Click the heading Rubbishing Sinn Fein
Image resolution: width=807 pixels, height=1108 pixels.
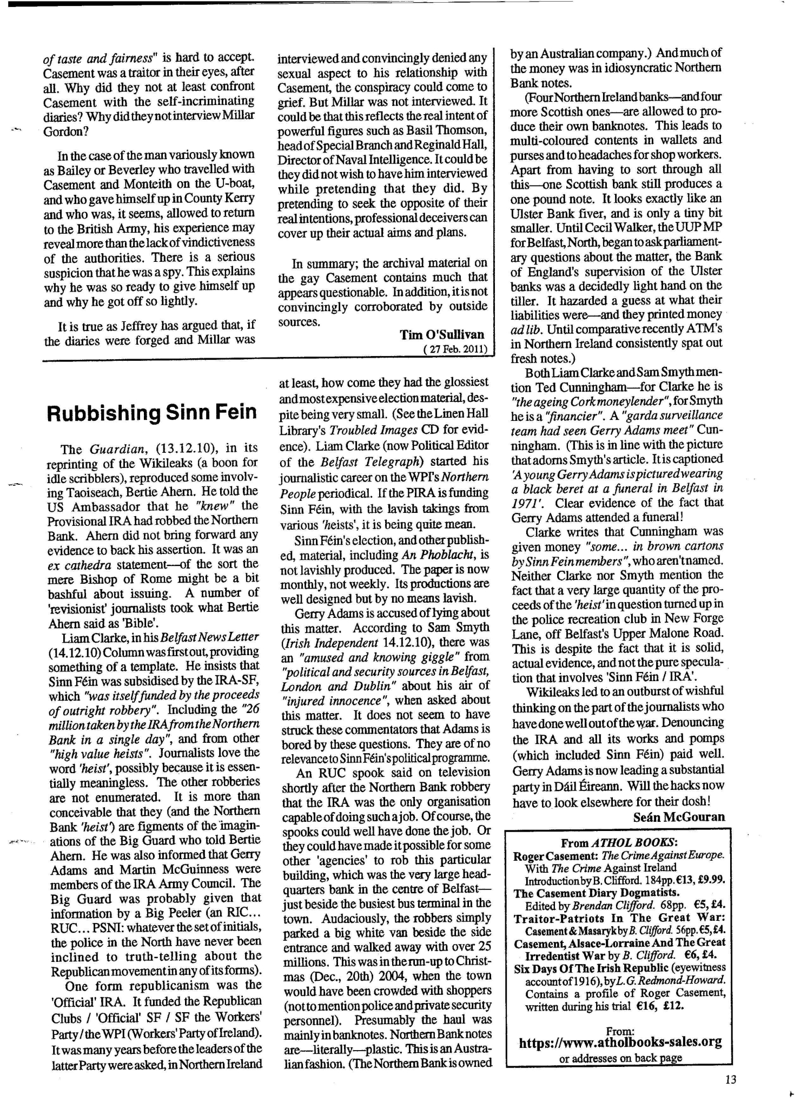click(x=152, y=412)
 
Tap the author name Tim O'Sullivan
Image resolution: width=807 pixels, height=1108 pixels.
click(x=442, y=335)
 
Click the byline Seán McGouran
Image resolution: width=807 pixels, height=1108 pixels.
click(x=678, y=816)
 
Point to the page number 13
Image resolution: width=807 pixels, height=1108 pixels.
click(x=731, y=1079)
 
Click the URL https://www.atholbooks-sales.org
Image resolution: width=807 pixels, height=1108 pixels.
click(x=620, y=1042)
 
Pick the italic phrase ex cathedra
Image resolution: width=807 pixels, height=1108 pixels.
click(x=75, y=564)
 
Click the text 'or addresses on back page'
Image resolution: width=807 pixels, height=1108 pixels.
click(x=620, y=1058)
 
